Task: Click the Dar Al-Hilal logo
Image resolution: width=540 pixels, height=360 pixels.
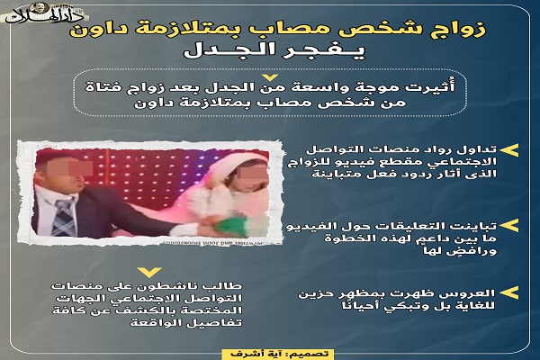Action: pos(45,13)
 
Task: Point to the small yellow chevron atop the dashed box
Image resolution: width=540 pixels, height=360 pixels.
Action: pos(271,77)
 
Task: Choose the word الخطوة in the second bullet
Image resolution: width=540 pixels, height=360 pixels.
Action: pos(346,238)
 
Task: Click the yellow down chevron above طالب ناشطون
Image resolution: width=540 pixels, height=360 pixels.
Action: pos(148,272)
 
